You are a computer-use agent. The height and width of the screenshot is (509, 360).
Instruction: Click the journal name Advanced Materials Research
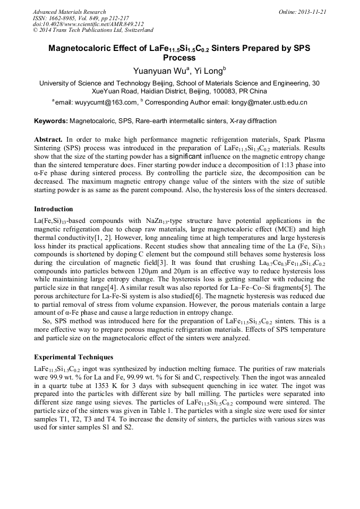[x=69, y=12]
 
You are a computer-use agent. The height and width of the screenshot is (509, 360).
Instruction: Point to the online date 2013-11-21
[x=313, y=12]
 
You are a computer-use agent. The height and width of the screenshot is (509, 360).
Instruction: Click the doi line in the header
[x=88, y=24]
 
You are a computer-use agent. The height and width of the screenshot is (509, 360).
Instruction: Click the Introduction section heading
[x=53, y=209]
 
